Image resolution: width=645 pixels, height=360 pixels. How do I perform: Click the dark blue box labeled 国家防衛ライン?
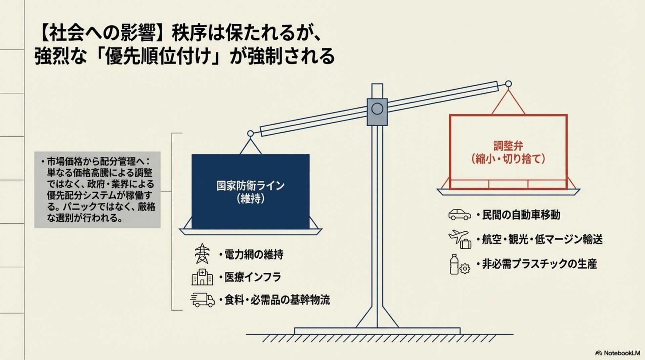point(250,192)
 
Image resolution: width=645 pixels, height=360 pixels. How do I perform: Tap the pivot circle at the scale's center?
point(377,109)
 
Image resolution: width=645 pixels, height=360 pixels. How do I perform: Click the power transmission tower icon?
point(202,254)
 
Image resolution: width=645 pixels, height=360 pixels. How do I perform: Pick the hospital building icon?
point(202,277)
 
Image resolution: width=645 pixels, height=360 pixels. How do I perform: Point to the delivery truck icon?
point(202,300)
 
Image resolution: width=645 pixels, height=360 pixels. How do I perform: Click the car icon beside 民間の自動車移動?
point(460,215)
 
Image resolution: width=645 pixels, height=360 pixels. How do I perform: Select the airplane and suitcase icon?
point(460,239)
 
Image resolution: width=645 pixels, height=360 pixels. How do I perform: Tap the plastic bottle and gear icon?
point(459,265)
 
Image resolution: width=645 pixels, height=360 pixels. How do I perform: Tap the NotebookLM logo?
point(617,353)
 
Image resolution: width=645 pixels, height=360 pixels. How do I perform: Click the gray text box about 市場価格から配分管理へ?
point(97,190)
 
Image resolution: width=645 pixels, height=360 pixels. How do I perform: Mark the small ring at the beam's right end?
point(509,84)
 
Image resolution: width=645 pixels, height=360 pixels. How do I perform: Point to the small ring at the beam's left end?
point(250,134)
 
